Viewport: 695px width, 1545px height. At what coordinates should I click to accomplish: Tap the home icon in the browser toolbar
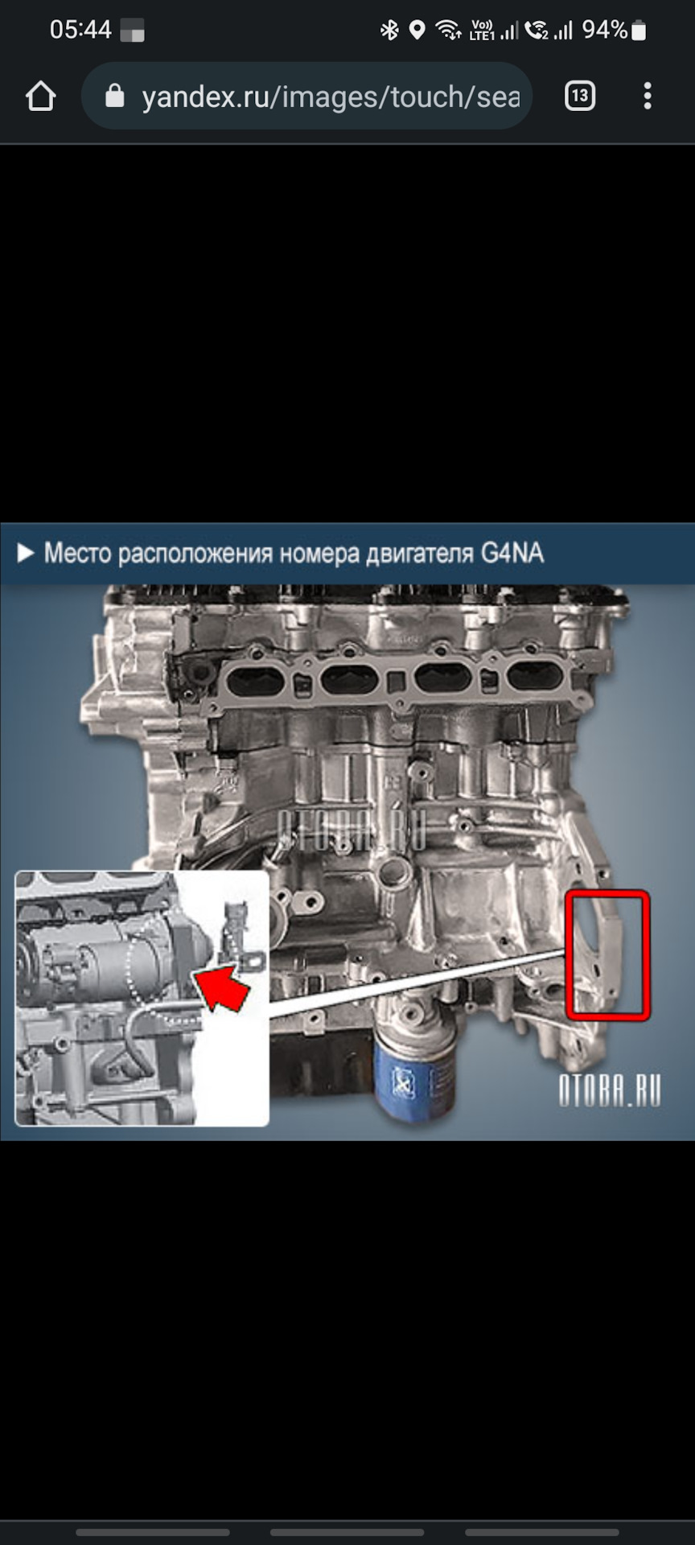(40, 97)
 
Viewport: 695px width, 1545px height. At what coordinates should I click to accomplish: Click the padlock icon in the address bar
(115, 97)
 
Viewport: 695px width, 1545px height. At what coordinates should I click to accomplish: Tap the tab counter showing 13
(580, 97)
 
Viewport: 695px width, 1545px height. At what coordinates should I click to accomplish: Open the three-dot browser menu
(648, 97)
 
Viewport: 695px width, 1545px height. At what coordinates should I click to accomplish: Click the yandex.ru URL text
(331, 97)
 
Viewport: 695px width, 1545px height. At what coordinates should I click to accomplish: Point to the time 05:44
(80, 30)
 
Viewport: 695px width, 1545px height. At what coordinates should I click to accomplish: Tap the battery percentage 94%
(604, 30)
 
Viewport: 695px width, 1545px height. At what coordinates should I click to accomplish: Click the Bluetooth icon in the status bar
(390, 31)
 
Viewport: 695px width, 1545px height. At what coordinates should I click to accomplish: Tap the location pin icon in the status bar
(417, 31)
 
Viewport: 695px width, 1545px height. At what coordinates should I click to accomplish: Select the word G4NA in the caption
(512, 553)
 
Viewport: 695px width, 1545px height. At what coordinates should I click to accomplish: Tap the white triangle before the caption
(26, 553)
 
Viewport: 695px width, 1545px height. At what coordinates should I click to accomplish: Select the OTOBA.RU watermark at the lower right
(610, 1090)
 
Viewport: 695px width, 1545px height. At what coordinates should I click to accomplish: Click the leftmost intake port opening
(256, 681)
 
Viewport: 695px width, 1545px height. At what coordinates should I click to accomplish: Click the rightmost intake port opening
(535, 676)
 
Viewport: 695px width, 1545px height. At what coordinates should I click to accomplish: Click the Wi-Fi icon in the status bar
(448, 31)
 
